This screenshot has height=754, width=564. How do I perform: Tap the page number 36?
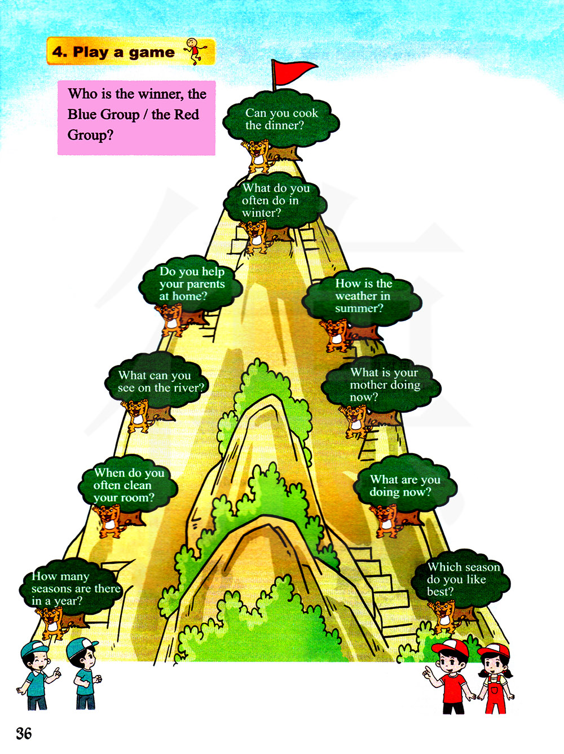click(x=24, y=733)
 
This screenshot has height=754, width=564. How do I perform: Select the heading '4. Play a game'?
click(x=113, y=52)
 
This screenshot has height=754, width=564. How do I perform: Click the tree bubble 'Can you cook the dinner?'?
click(x=281, y=120)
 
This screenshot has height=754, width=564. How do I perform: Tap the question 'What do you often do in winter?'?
click(x=275, y=200)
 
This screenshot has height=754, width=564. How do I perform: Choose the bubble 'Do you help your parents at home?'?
click(x=191, y=284)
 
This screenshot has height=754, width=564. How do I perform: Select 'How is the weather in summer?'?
click(x=362, y=296)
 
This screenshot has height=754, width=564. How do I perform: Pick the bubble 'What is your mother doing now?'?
click(x=384, y=384)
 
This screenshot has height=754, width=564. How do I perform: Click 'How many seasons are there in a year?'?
click(x=73, y=588)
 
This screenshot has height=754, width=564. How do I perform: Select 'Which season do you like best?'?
click(x=461, y=579)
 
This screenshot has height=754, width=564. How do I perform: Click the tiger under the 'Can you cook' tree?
click(x=257, y=155)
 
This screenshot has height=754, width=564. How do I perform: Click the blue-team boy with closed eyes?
click(x=38, y=674)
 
